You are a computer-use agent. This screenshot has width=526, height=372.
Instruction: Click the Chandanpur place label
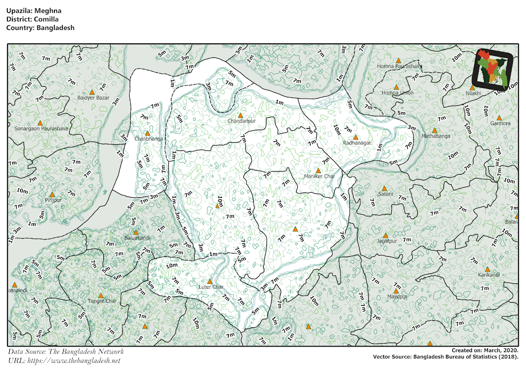coord(241,121)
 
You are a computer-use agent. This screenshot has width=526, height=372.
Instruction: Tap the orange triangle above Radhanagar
coord(355,137)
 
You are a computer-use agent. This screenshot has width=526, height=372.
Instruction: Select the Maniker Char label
coord(320,176)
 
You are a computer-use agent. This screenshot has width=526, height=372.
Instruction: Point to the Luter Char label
coord(211,287)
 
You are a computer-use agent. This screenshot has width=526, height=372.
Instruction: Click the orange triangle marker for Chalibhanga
coord(147,133)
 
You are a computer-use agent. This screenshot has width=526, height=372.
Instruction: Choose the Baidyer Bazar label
coord(93,98)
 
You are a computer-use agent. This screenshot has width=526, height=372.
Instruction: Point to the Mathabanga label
coord(436,136)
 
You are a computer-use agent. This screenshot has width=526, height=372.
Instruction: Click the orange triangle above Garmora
coord(499,118)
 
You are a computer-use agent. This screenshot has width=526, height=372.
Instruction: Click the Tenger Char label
coord(102,301)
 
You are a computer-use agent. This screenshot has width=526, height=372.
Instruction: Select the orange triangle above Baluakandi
coord(136,232)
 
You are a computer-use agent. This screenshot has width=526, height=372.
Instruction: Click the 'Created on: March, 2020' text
coord(485,351)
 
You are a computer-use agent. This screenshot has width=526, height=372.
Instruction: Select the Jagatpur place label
coord(387,241)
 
